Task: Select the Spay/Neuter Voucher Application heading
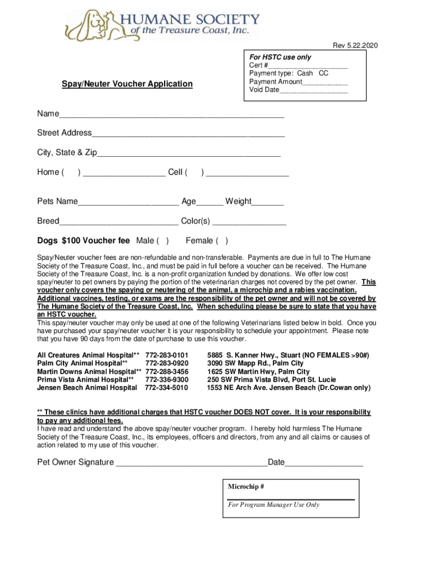[127, 84]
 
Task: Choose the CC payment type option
[324, 73]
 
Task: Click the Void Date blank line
[313, 90]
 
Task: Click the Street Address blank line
[188, 134]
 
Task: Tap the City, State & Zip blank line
[189, 153]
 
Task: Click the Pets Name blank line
[128, 202]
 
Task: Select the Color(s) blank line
[249, 222]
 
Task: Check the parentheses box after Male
[162, 241]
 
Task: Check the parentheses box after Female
[223, 241]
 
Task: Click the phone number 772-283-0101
[167, 355]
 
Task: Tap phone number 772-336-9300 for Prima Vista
[167, 380]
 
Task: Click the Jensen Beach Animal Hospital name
[87, 388]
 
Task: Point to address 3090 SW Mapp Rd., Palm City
[255, 363]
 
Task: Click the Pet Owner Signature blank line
[191, 463]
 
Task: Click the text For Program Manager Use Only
[273, 505]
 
